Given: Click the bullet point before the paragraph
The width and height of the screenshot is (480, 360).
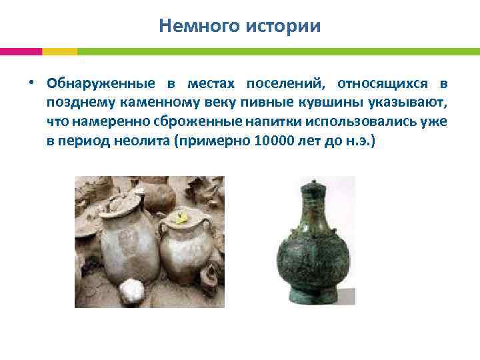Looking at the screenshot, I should click(x=31, y=85).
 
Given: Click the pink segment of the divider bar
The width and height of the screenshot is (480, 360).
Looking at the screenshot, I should click(x=21, y=51).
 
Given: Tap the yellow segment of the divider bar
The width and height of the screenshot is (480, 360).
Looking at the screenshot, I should click(x=59, y=51).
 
